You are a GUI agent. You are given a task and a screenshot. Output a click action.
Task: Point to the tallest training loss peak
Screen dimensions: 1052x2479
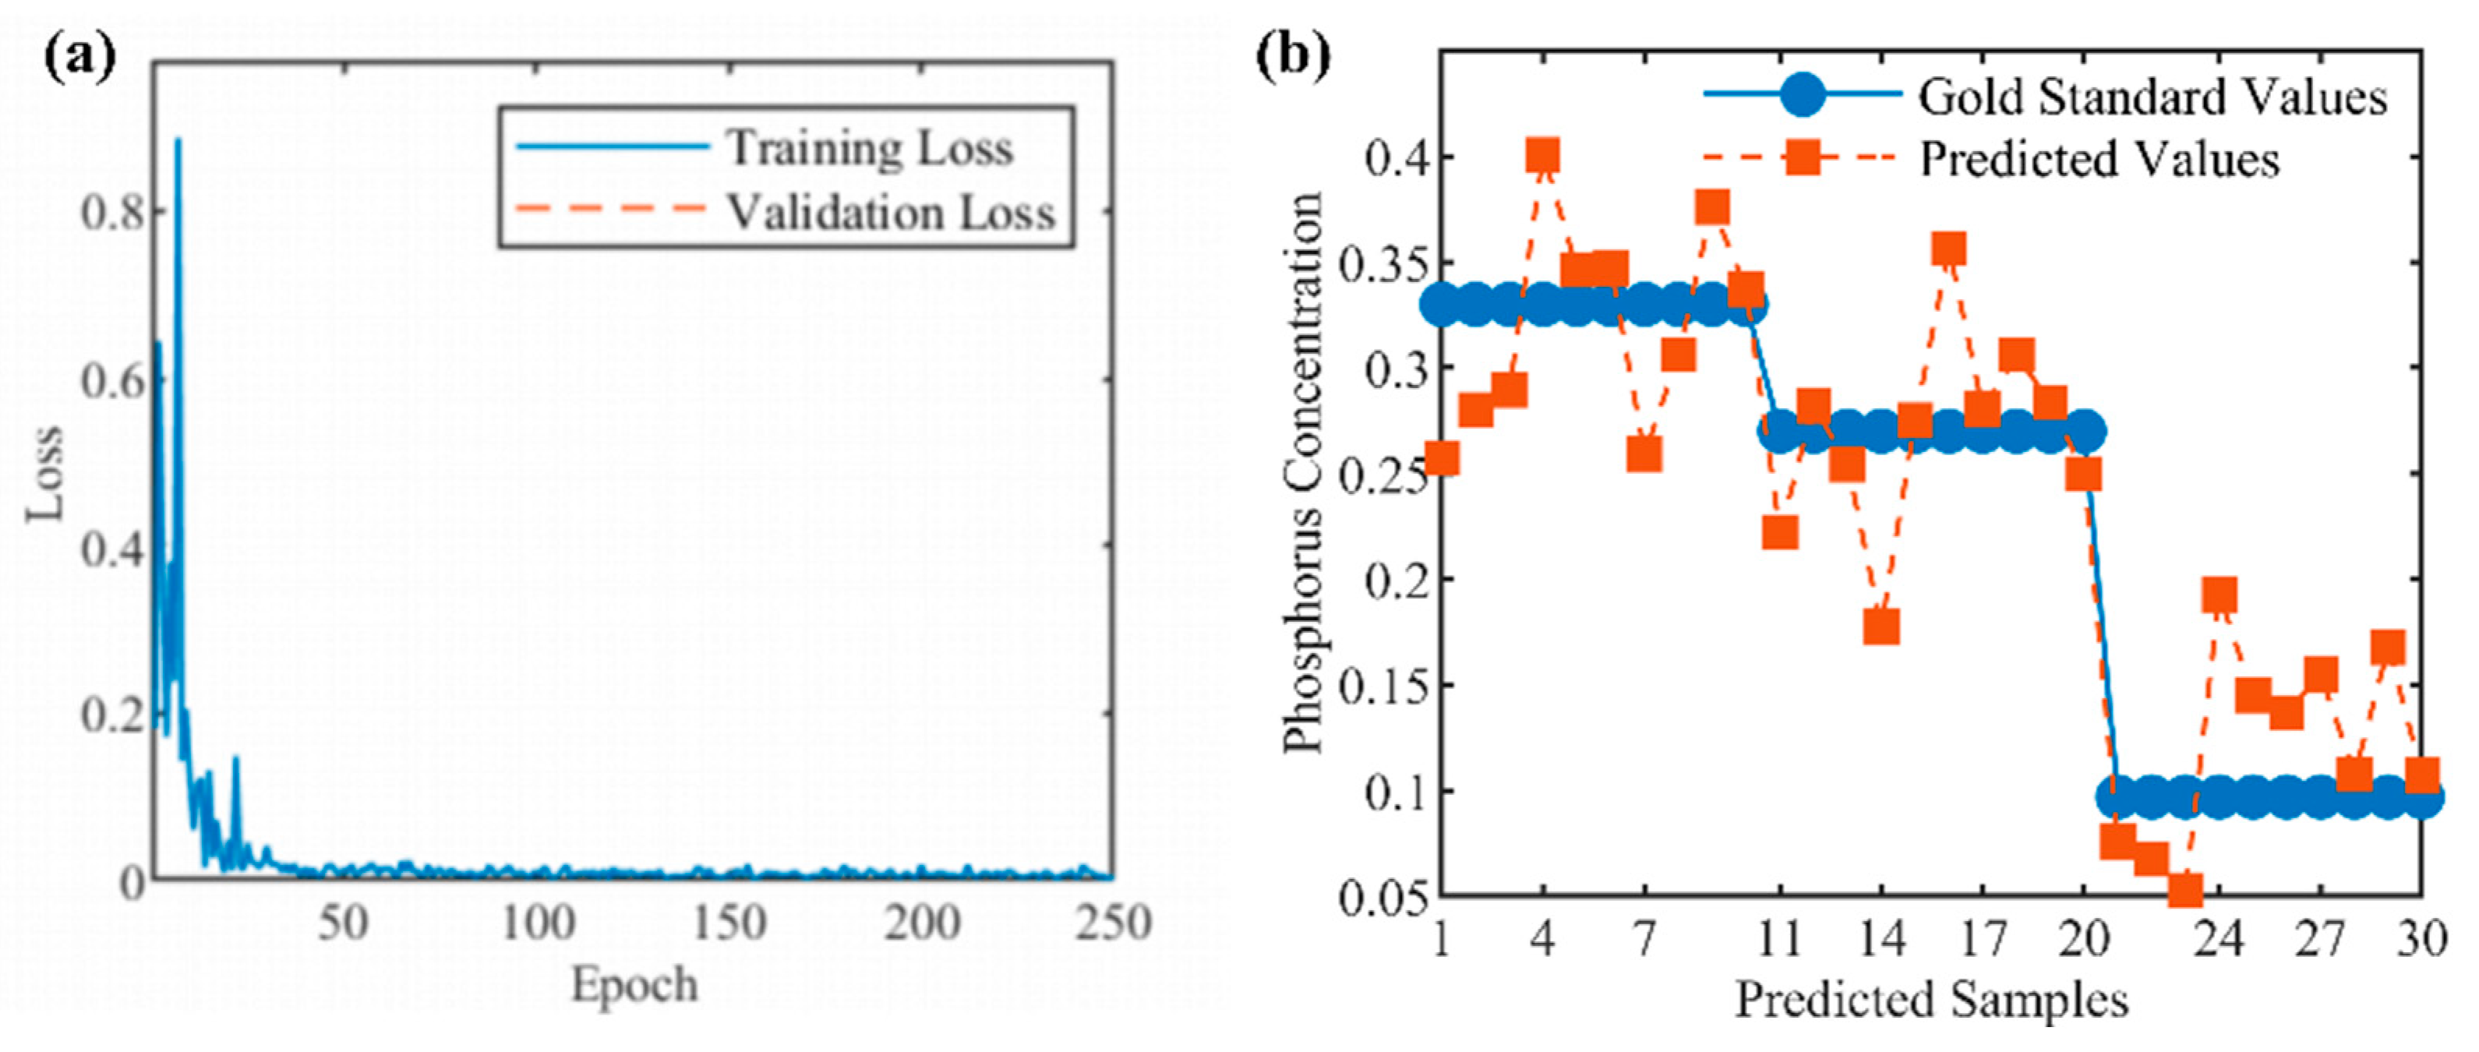pyautogui.click(x=177, y=142)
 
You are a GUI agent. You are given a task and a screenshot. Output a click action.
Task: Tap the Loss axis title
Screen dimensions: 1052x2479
pyautogui.click(x=44, y=471)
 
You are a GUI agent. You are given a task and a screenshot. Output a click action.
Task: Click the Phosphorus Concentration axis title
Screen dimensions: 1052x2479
pyautogui.click(x=1303, y=471)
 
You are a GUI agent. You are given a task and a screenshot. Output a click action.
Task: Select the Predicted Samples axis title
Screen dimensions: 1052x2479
pyautogui.click(x=1930, y=1001)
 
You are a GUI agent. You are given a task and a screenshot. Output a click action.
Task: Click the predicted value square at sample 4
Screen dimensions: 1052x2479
pyautogui.click(x=1542, y=155)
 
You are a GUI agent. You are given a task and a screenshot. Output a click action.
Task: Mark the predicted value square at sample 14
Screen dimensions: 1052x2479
pyautogui.click(x=1880, y=627)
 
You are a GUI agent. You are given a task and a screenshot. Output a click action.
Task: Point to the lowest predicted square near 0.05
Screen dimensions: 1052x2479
pyautogui.click(x=2185, y=890)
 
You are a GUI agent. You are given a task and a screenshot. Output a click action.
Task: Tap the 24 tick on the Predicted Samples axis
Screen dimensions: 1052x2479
pyautogui.click(x=2218, y=939)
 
